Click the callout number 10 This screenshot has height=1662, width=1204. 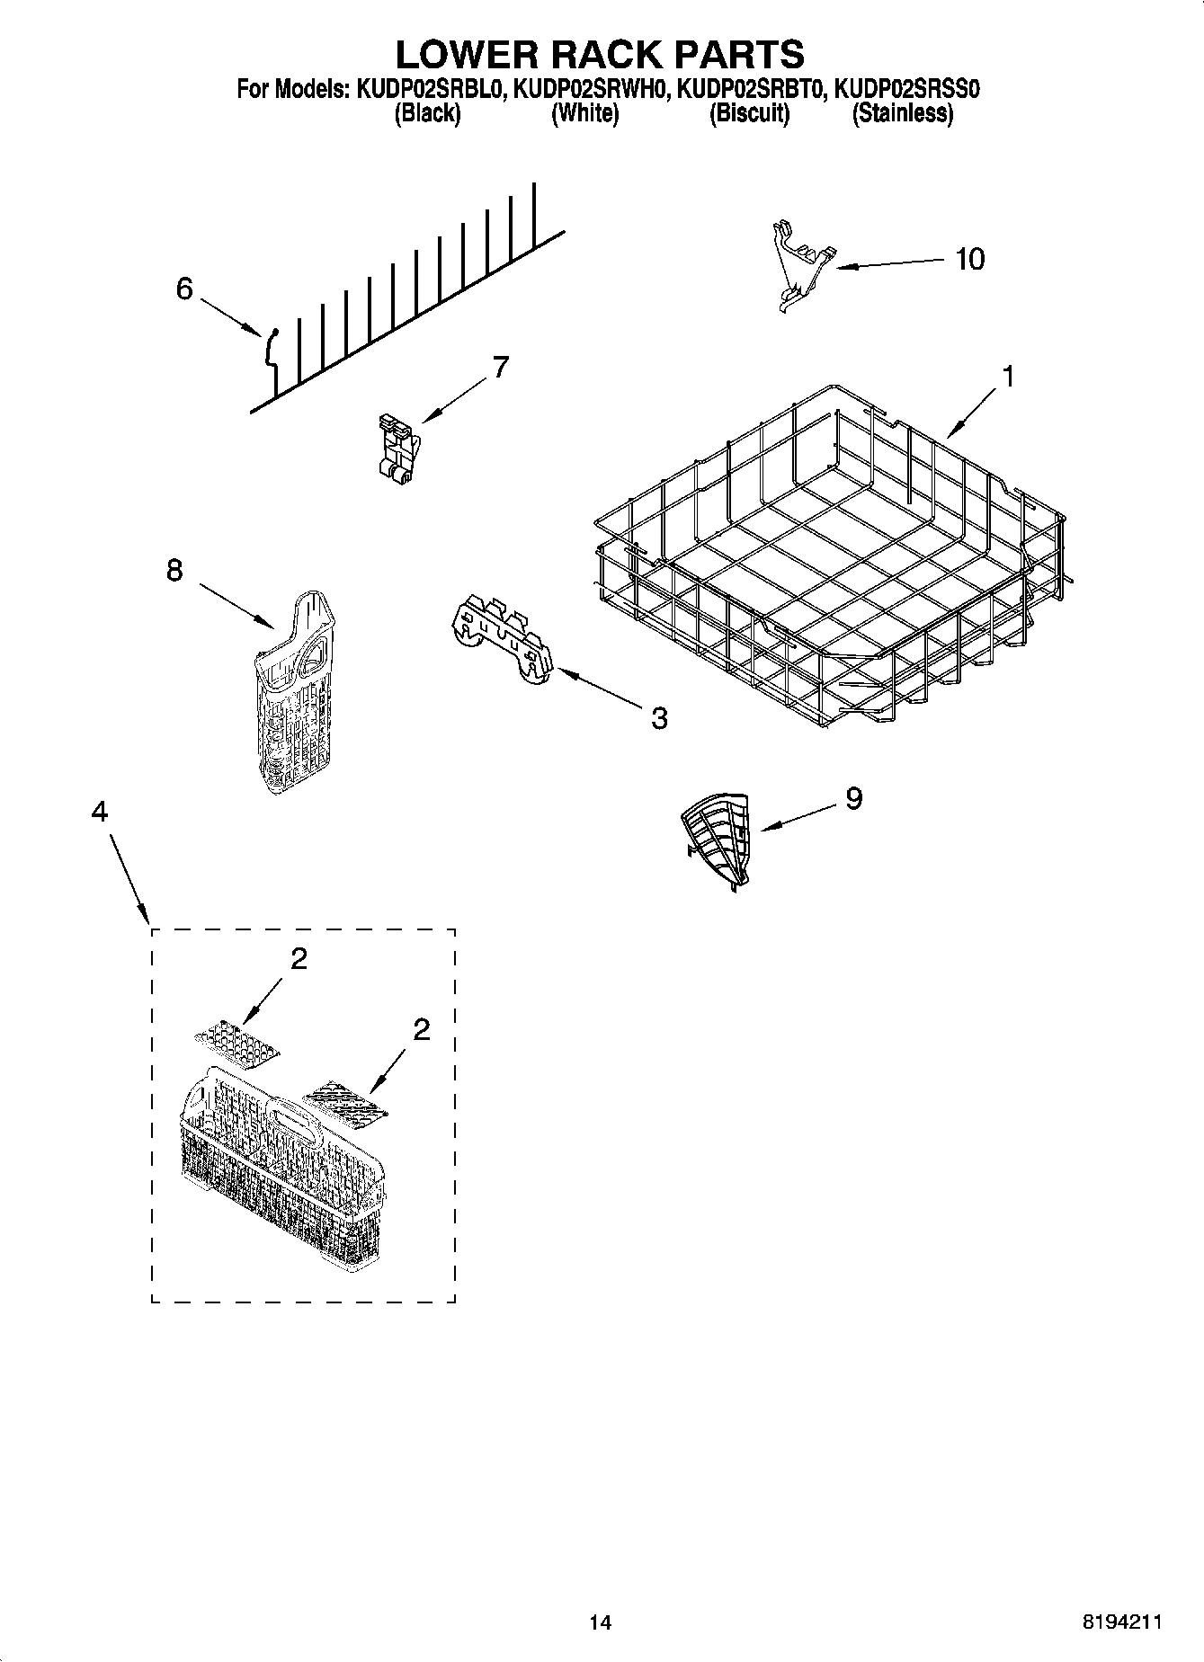tap(969, 259)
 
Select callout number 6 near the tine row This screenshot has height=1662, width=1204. tap(184, 289)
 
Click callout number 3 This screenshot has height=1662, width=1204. tap(659, 717)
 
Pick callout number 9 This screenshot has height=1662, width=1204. tap(853, 797)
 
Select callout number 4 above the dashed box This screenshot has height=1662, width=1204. tap(99, 811)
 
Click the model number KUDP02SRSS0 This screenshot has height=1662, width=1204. tap(906, 89)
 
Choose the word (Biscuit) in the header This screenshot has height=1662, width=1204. tap(749, 113)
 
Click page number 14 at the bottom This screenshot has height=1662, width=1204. tap(600, 1622)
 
